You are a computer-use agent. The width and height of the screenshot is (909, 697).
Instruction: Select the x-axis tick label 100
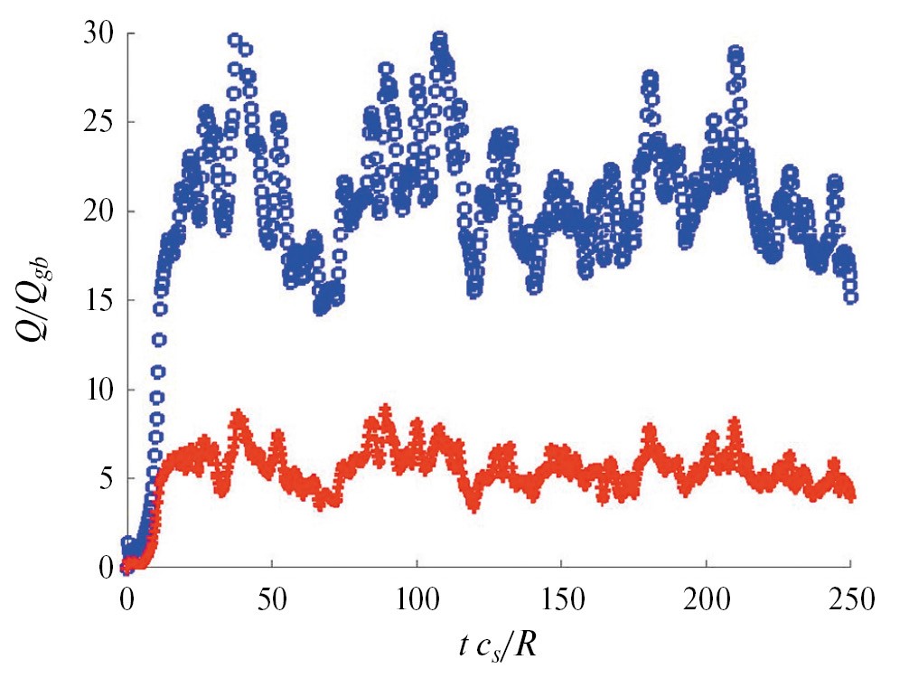pos(417,598)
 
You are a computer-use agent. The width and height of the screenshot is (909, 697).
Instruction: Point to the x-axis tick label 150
pos(562,598)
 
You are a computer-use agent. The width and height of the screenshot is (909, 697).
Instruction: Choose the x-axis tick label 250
pos(852,598)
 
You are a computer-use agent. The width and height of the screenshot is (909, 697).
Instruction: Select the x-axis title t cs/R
pos(498,648)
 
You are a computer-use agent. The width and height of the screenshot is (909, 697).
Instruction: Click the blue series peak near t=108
pos(440,38)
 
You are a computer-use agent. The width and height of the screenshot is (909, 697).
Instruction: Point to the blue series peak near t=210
pos(736,52)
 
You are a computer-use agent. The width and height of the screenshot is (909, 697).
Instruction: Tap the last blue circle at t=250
pos(852,297)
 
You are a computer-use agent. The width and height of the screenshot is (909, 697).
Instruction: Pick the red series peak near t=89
pos(385,411)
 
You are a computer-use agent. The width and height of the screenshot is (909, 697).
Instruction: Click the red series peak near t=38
pos(239,416)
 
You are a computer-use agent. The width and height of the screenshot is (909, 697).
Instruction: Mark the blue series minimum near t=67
pos(321,309)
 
